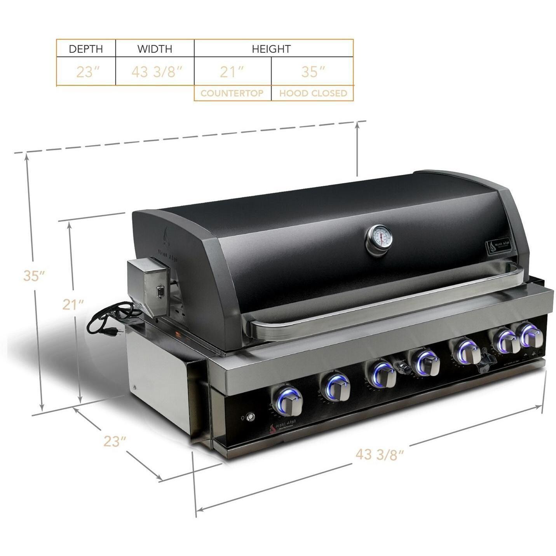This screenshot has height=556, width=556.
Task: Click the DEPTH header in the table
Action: [x=86, y=49]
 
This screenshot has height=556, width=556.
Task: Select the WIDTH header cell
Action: [x=155, y=49]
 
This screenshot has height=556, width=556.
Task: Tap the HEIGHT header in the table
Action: [x=271, y=49]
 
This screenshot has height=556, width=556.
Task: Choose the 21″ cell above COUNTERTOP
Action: [x=232, y=72]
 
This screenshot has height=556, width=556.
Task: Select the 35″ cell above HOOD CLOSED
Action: [x=313, y=72]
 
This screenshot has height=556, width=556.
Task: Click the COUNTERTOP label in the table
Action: [x=232, y=93]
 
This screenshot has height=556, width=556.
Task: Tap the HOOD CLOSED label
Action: [x=313, y=93]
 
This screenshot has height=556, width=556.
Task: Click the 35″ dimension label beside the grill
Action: [x=34, y=275]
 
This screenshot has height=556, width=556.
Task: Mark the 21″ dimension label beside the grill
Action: [x=73, y=304]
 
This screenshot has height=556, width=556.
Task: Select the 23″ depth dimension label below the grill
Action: [x=115, y=441]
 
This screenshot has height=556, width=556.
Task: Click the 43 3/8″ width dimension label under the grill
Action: [x=380, y=453]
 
